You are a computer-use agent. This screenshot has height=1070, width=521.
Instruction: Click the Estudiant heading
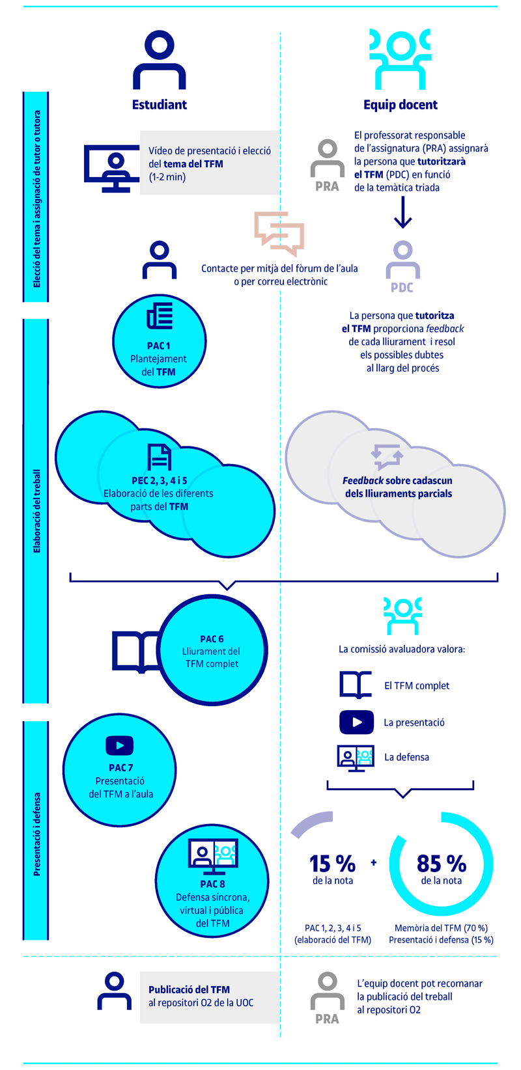click(159, 105)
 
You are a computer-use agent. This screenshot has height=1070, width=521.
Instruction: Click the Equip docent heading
click(401, 105)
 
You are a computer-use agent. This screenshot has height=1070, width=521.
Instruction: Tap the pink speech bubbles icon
click(279, 234)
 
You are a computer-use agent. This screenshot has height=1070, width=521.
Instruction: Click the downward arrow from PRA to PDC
click(402, 213)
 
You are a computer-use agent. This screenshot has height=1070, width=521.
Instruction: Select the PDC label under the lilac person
click(402, 288)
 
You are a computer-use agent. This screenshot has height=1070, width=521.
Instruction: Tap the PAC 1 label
click(159, 346)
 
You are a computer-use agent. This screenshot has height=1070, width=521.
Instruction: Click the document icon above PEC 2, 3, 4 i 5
click(159, 457)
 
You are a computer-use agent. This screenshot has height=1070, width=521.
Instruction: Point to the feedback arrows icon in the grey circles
click(387, 457)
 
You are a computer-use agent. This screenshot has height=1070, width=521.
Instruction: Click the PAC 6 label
click(212, 639)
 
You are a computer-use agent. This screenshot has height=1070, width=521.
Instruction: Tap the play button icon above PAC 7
click(119, 746)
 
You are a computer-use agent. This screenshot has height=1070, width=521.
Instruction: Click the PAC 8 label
click(213, 885)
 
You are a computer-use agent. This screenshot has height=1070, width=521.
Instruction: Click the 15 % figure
click(333, 864)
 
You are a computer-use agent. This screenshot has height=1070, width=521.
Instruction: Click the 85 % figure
click(441, 864)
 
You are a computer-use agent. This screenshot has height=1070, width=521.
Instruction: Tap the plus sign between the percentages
click(374, 862)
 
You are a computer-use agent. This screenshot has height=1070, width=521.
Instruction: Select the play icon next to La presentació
click(357, 722)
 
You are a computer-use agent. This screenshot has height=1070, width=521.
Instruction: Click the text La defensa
click(407, 757)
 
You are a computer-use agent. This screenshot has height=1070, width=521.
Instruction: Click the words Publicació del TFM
click(189, 989)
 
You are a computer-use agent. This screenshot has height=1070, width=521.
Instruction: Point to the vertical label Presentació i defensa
click(37, 834)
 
